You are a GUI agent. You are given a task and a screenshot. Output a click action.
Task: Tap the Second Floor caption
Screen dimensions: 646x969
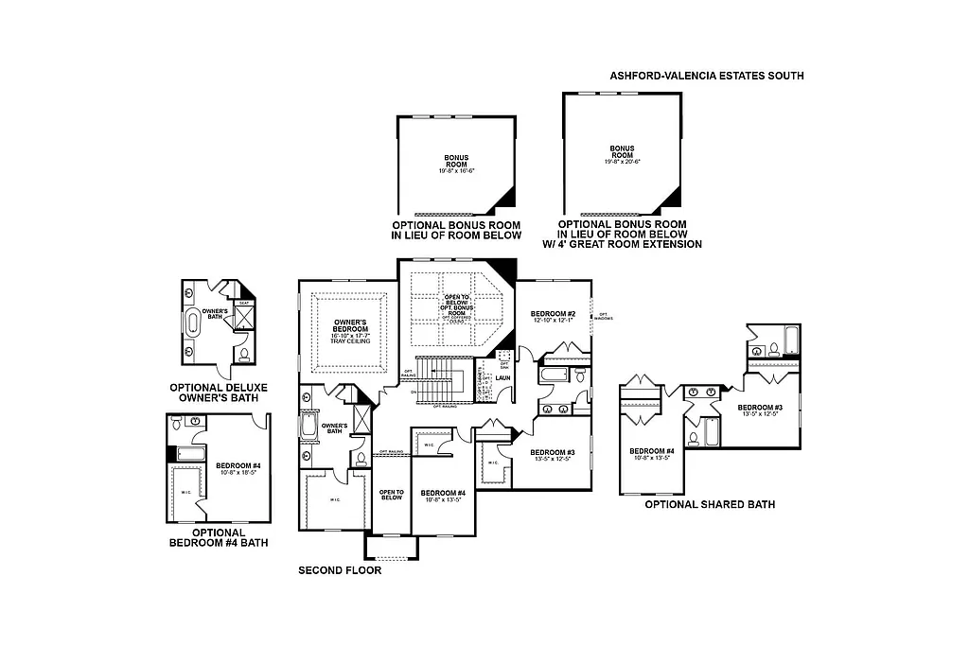(x=340, y=570)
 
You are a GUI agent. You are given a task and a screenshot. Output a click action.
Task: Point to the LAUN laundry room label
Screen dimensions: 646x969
(x=502, y=377)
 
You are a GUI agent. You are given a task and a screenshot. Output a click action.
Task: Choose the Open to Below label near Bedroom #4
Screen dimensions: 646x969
(x=392, y=494)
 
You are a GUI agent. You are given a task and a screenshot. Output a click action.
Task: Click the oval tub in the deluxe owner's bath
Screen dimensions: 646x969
(x=195, y=322)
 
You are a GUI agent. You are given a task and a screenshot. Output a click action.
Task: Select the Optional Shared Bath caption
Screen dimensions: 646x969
(x=709, y=505)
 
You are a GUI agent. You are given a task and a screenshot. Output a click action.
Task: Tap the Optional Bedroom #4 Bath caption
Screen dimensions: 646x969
(x=219, y=537)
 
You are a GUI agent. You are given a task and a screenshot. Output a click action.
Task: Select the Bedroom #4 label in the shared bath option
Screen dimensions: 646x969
(x=652, y=454)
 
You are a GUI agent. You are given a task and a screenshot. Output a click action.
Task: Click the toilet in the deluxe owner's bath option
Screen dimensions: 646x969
(x=243, y=355)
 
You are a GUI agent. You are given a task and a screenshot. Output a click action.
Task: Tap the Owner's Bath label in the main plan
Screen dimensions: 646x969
(x=335, y=428)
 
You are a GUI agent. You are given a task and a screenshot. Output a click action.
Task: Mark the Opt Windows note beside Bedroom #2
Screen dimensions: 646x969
(x=602, y=316)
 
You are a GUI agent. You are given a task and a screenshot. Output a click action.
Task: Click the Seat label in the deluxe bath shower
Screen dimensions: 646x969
(x=243, y=304)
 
